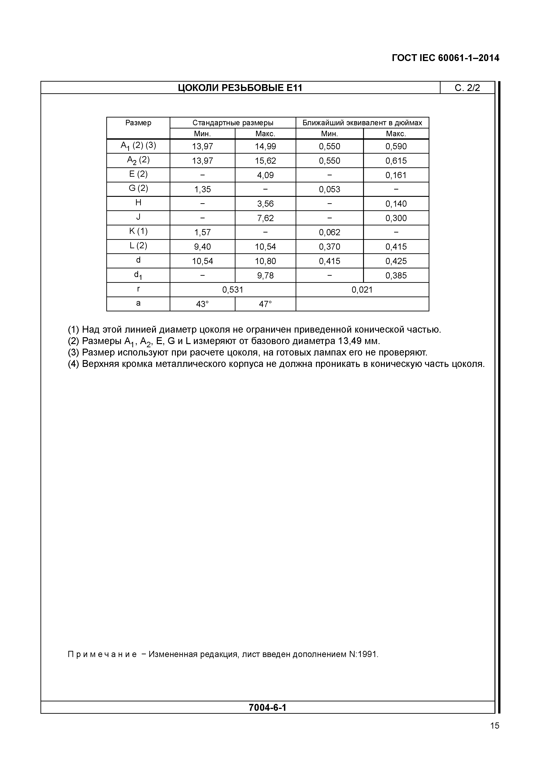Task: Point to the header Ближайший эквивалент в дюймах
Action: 362,123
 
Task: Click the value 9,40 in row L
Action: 202,247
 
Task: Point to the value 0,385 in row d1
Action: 396,276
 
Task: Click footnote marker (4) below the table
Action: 73,364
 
